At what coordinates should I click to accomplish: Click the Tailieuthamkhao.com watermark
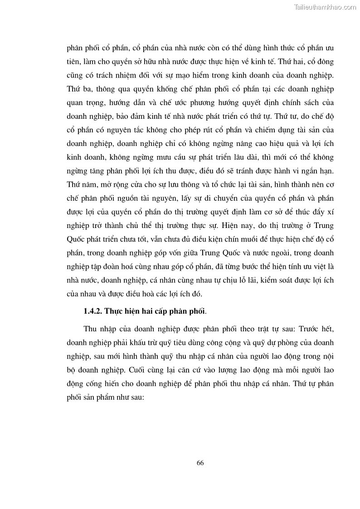325,7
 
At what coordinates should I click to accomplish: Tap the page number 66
200,463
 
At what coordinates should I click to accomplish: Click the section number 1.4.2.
94,311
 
